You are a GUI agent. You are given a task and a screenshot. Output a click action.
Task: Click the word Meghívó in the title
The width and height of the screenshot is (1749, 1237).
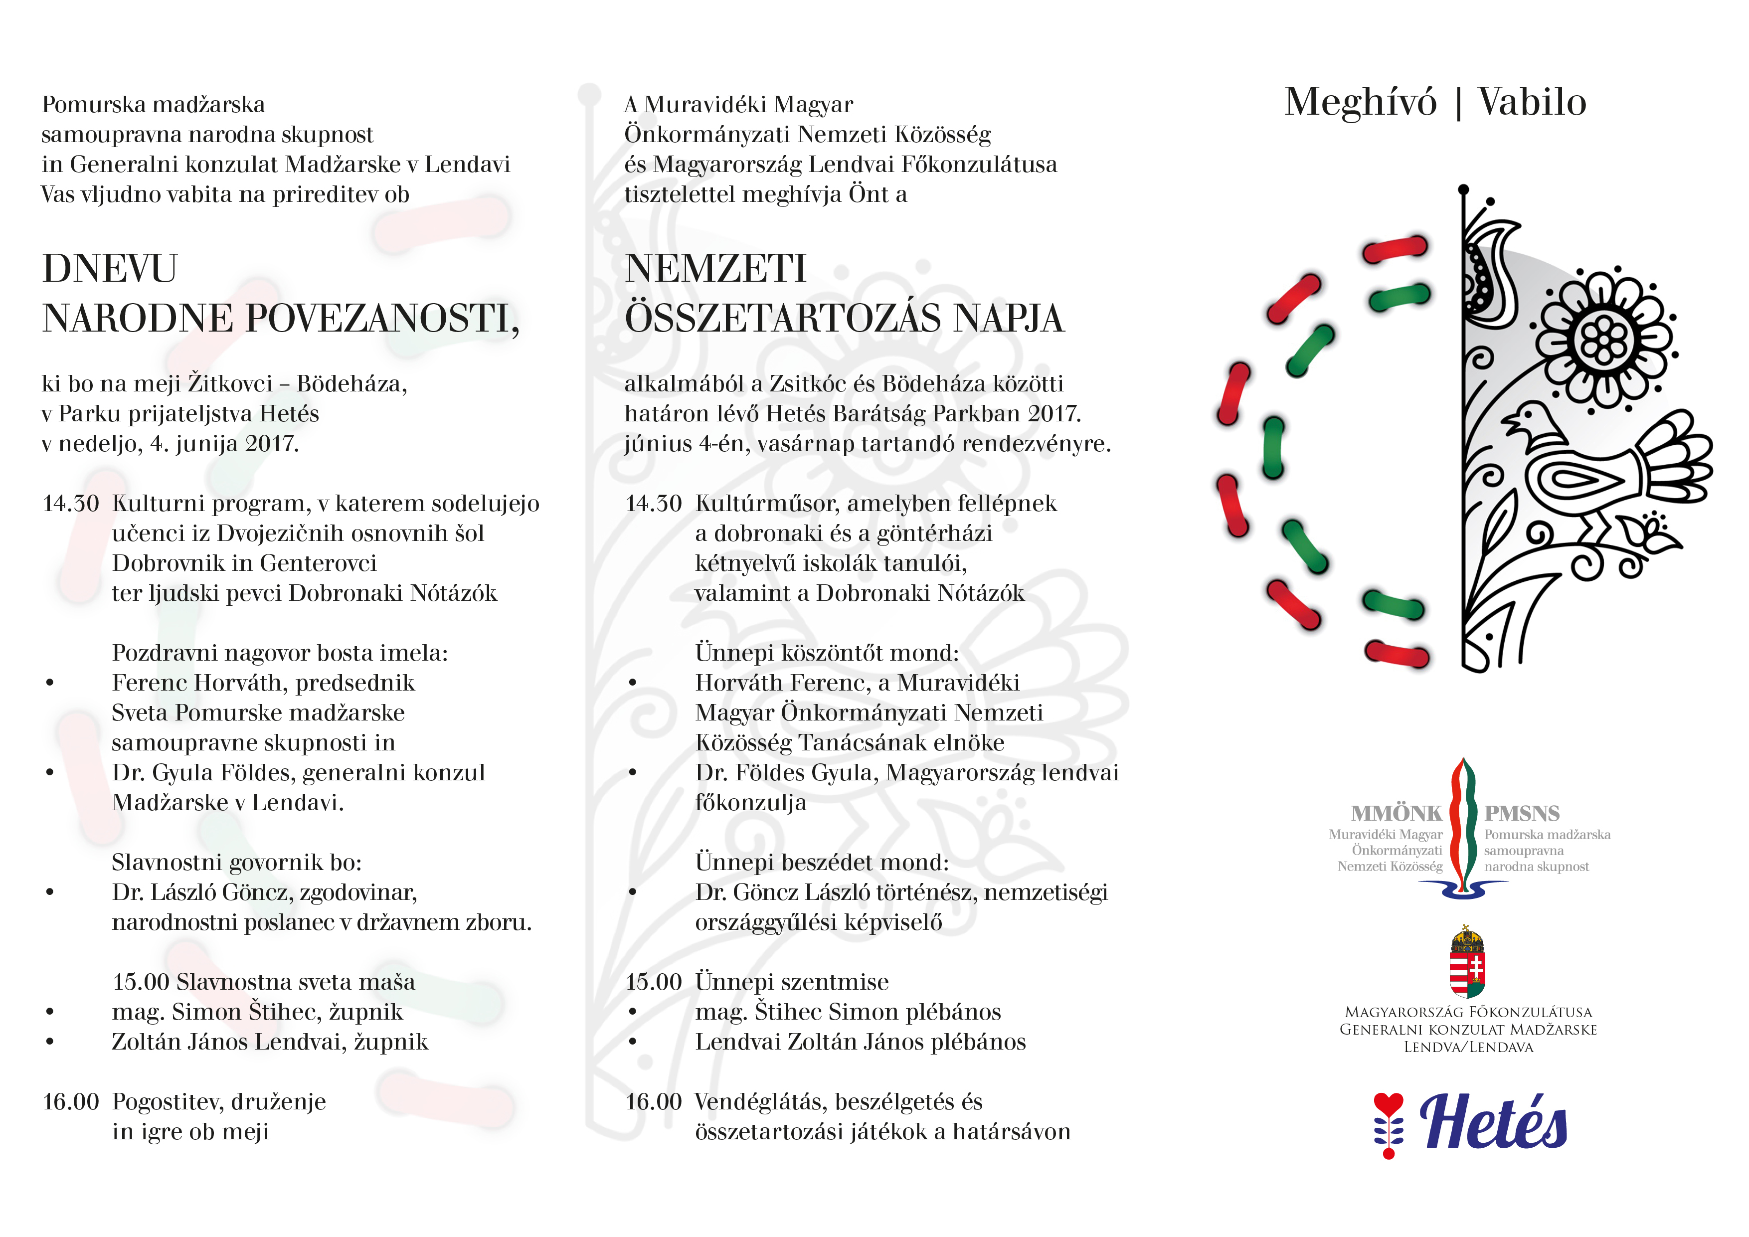click(x=1360, y=102)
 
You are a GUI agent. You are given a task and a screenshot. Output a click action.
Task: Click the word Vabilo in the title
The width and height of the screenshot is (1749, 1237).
click(x=1532, y=102)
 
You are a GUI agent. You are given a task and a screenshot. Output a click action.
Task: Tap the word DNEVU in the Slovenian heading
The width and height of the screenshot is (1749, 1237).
click(x=110, y=269)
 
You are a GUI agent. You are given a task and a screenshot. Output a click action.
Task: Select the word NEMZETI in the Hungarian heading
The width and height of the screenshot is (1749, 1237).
click(x=715, y=269)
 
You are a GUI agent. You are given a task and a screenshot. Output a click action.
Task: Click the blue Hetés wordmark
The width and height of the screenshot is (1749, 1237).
click(x=1493, y=1123)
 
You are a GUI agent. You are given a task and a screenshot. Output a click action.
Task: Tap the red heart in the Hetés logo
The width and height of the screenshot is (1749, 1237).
click(x=1388, y=1104)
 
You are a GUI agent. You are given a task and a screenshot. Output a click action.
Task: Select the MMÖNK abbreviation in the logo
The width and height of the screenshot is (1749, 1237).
click(x=1397, y=814)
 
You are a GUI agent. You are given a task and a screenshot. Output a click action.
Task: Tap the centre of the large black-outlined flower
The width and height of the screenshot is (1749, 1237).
click(x=1603, y=341)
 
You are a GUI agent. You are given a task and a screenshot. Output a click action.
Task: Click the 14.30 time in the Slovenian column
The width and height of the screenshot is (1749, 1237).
click(x=71, y=504)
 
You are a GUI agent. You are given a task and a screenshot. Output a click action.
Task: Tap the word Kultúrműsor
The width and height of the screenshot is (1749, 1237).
click(x=766, y=504)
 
